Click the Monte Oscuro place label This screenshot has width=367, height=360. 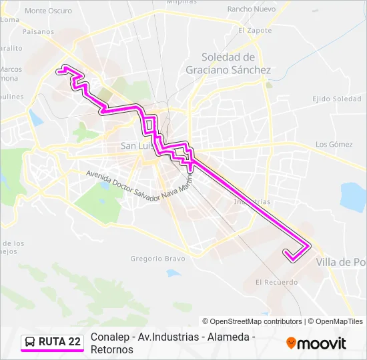point(48,11)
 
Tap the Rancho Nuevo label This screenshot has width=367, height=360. point(252,9)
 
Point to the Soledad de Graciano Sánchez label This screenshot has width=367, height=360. point(228,63)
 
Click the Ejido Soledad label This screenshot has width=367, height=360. point(337,99)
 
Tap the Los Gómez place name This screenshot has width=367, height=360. point(334,144)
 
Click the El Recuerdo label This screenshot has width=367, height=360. point(276,282)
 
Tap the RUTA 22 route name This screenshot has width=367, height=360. point(60,342)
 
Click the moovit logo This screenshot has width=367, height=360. point(316,343)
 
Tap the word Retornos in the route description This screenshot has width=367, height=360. point(111,349)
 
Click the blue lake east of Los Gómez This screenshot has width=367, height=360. point(352,196)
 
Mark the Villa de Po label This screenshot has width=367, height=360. point(343,262)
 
